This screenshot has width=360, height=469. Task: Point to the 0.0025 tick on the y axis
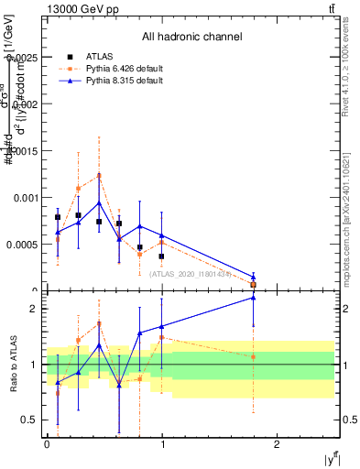[x=25, y=58]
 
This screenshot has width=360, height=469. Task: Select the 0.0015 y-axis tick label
[x=25, y=151]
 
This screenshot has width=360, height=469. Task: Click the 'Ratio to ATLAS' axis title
[x=11, y=365]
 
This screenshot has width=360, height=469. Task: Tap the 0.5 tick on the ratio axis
[x=31, y=420]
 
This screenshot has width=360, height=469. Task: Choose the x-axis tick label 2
[x=276, y=443]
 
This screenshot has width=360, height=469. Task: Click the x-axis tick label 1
[x=161, y=443]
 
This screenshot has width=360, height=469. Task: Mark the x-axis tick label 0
[x=47, y=443]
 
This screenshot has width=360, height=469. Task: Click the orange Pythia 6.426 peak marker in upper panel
[x=99, y=175]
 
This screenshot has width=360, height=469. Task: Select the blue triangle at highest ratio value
[x=254, y=298]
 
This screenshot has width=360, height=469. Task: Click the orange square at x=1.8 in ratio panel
[x=254, y=357]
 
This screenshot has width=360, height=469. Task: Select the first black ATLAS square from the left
[x=58, y=217]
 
